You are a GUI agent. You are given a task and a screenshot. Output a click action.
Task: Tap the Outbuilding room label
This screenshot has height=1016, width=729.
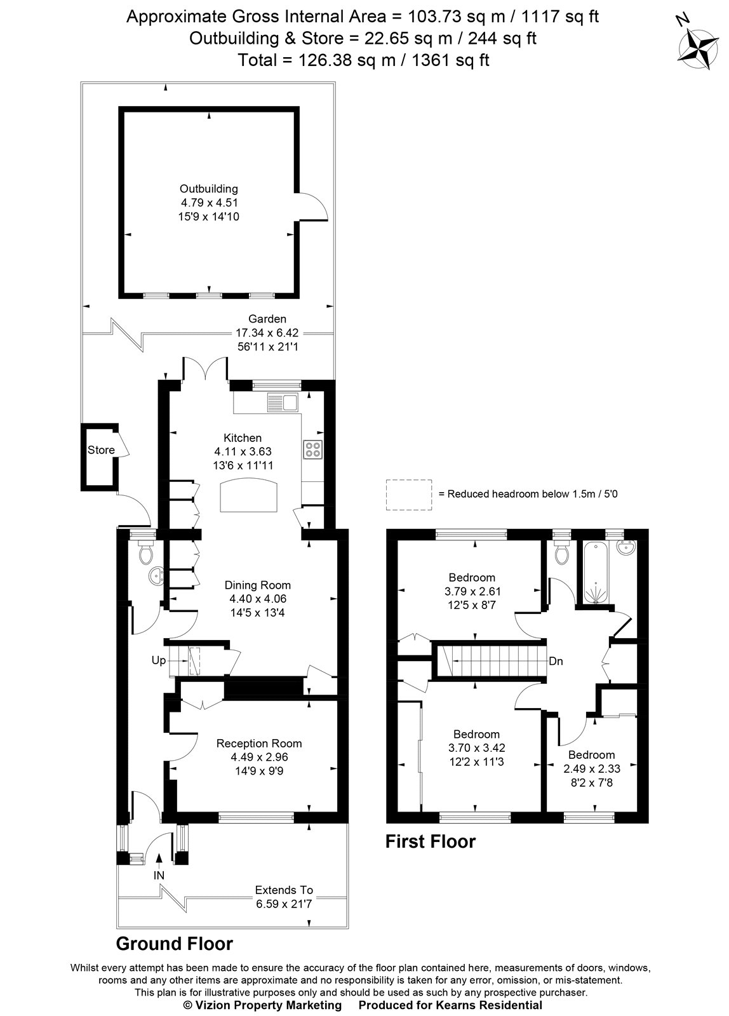click(209, 189)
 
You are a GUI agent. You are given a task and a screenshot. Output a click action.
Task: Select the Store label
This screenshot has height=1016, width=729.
click(101, 450)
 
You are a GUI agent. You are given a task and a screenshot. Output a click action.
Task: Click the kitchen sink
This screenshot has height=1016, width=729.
click(283, 402)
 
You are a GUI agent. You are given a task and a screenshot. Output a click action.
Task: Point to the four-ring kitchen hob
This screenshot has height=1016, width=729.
click(313, 449)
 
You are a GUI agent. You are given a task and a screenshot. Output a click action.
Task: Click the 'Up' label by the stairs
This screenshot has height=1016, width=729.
click(159, 660)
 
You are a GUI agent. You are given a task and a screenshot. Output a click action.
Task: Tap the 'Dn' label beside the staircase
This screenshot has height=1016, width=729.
click(556, 661)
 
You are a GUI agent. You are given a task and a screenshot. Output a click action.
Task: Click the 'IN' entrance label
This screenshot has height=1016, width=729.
click(159, 875)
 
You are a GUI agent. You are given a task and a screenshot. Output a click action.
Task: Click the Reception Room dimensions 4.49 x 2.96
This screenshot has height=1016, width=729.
click(259, 757)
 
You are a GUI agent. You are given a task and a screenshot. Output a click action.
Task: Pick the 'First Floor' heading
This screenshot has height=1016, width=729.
click(431, 841)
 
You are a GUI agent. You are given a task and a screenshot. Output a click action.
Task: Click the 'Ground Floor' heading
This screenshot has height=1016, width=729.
click(174, 944)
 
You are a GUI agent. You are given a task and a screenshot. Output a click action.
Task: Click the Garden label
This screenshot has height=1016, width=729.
click(267, 319)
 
